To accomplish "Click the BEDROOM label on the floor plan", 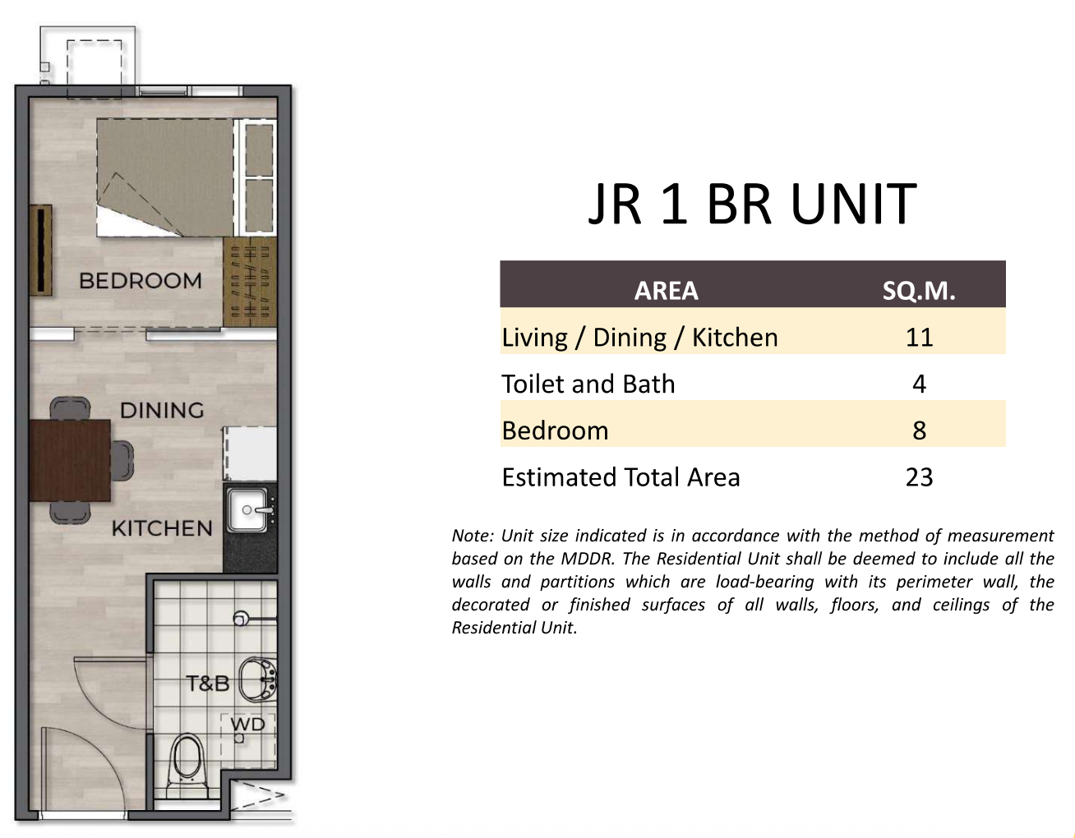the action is [x=141, y=281].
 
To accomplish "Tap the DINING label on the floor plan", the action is [x=162, y=410].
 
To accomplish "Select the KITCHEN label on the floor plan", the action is [x=162, y=528].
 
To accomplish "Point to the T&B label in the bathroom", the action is [x=208, y=684].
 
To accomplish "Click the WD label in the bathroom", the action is [x=248, y=725].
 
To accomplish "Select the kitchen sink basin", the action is [x=247, y=509].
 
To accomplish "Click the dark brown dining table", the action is [x=70, y=460].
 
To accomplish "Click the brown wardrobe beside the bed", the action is [x=250, y=282].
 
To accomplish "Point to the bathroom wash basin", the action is [x=258, y=679].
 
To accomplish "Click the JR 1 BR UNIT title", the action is [x=753, y=203].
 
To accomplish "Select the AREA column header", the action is [x=666, y=291].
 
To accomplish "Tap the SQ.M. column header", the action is [x=919, y=291].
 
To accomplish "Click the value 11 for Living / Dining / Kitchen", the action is [x=919, y=337].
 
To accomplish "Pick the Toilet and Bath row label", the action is [x=588, y=384].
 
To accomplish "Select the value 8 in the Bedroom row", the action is [x=919, y=431].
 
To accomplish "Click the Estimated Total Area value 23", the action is [x=919, y=477].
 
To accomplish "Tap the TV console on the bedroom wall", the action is [x=40, y=250].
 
